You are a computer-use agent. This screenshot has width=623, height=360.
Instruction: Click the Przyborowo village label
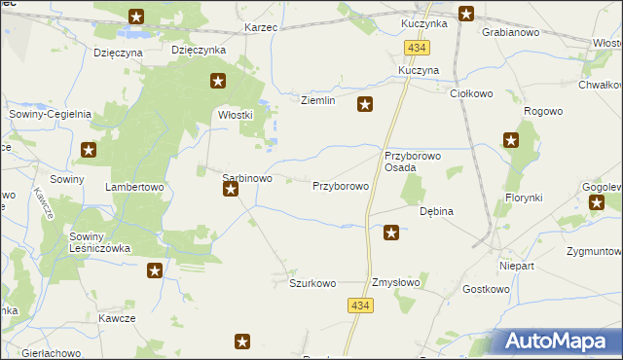point(340,186)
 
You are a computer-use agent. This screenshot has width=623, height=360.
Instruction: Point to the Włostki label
point(235,115)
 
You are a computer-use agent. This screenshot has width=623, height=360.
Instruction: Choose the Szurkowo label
point(312,283)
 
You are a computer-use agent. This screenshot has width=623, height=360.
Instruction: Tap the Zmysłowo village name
point(396,283)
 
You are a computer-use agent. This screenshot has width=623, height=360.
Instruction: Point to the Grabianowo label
point(511,32)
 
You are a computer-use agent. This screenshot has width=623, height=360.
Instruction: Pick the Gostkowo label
point(486,289)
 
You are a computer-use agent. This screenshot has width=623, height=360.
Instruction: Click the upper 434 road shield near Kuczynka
point(419,48)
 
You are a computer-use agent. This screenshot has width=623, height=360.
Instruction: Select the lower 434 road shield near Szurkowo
point(359,306)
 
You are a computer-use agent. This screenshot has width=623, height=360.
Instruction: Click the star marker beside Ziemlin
point(365,105)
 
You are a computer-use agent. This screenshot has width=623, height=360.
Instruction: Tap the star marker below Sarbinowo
point(231,190)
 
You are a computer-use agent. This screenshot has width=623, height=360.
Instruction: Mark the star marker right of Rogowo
point(512,141)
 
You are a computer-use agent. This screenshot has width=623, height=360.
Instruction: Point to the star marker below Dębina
point(391,232)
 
